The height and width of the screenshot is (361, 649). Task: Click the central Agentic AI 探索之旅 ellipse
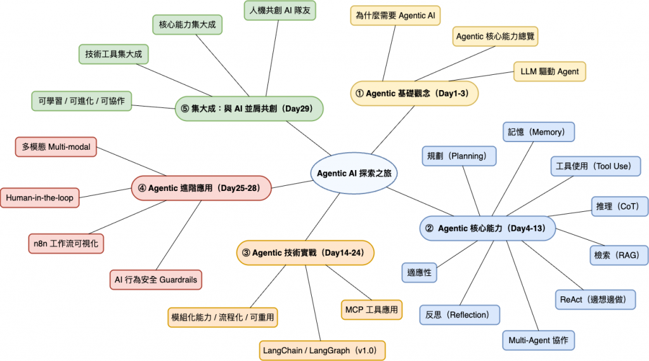(358, 173)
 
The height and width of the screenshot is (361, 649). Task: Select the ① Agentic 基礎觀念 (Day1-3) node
(414, 93)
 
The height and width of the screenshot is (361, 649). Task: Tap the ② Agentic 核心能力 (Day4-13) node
(487, 228)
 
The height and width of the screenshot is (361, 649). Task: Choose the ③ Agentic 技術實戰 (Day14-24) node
(305, 253)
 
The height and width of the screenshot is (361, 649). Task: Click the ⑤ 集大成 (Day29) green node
(248, 108)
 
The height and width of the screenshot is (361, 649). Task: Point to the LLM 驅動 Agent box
(549, 72)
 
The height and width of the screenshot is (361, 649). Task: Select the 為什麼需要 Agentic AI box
(395, 15)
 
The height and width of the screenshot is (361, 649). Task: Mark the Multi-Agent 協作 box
(539, 340)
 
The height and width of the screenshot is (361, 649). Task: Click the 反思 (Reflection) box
(459, 315)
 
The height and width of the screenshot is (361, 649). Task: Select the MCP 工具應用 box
(371, 310)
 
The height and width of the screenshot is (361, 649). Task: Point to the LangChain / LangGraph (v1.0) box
(323, 350)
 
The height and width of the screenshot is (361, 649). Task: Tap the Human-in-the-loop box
(39, 198)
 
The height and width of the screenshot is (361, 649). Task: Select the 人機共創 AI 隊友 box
(279, 11)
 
